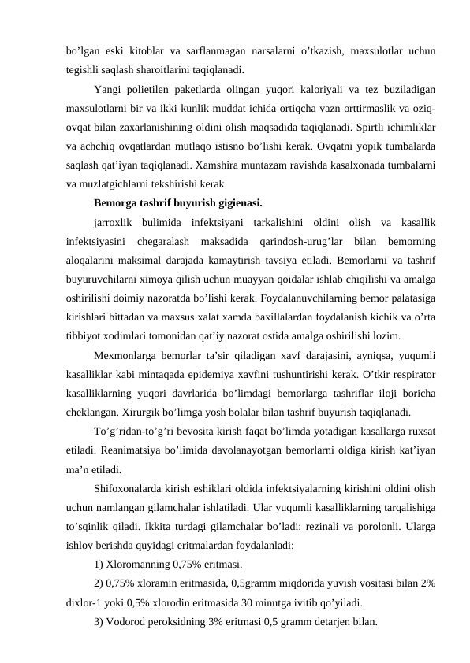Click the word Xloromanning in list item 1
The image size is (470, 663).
click(142, 565)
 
